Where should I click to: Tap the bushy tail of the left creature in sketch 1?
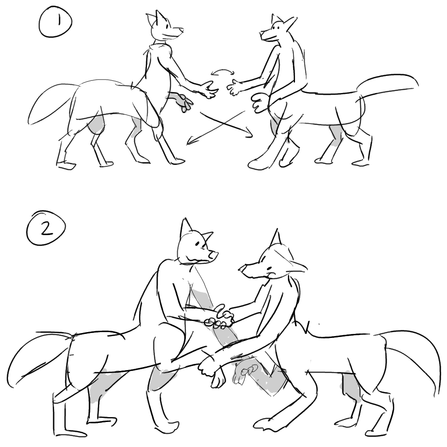click(51, 105)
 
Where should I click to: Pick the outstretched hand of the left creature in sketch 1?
click(209, 89)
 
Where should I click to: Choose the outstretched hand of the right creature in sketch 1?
click(234, 87)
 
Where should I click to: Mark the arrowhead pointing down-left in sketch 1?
click(190, 141)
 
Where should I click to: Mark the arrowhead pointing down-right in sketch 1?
click(249, 133)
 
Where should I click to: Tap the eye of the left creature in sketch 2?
click(197, 244)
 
